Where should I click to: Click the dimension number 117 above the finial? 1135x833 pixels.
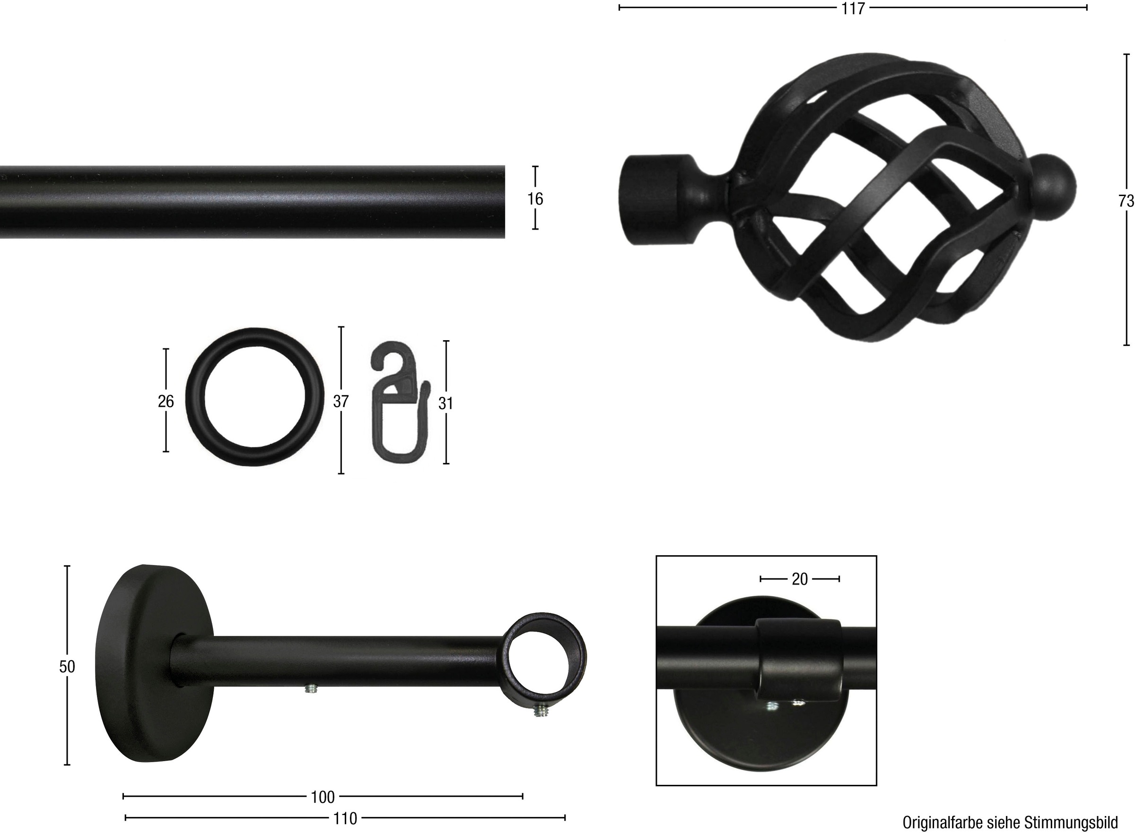pos(853,9)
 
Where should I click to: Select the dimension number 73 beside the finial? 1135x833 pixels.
pos(1126,201)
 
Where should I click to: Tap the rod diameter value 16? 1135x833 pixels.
pos(535,199)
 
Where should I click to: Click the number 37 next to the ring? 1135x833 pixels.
pos(340,401)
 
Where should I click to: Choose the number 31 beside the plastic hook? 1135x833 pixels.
pos(445,404)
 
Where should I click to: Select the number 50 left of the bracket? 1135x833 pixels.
pos(67,667)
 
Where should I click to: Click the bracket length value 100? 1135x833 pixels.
pos(323,797)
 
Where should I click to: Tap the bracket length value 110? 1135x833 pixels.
pos(345,818)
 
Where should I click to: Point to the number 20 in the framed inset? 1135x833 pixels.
pos(800,579)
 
